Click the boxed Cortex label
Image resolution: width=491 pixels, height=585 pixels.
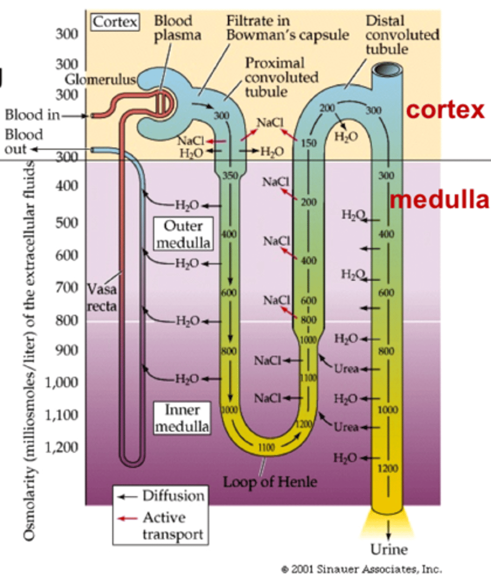[115, 22]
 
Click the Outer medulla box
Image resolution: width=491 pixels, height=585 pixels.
[183, 234]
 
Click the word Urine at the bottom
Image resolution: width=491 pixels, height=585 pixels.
[389, 549]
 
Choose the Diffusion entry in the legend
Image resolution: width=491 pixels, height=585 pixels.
[173, 496]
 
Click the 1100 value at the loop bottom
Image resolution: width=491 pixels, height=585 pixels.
[266, 447]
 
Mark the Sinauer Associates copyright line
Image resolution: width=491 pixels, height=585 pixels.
[361, 569]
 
